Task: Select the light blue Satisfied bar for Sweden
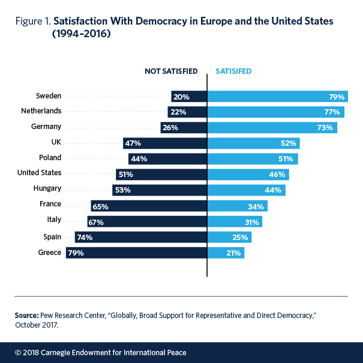point(277,96)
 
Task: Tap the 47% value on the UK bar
point(133,143)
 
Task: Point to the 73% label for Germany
point(325,128)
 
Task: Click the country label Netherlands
point(42,112)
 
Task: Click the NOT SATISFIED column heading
point(171,71)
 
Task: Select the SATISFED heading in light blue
point(233,71)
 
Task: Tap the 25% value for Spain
point(239,237)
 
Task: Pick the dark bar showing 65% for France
point(149,206)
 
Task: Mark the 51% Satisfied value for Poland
point(285,159)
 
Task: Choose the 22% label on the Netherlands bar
point(178,112)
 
